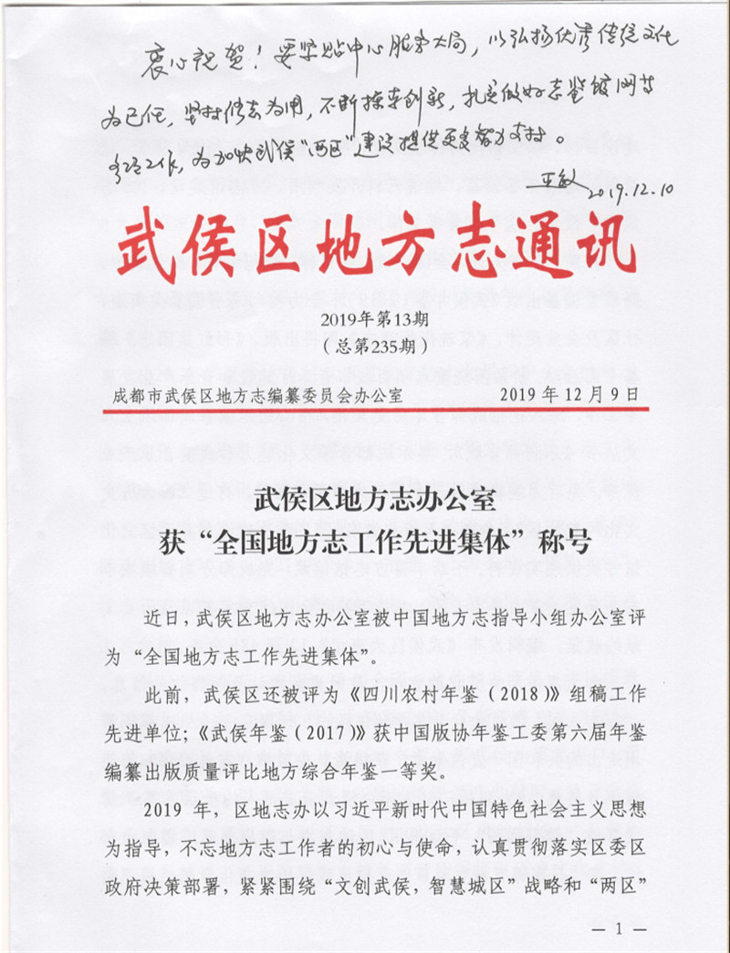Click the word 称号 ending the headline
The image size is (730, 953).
tap(564, 542)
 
